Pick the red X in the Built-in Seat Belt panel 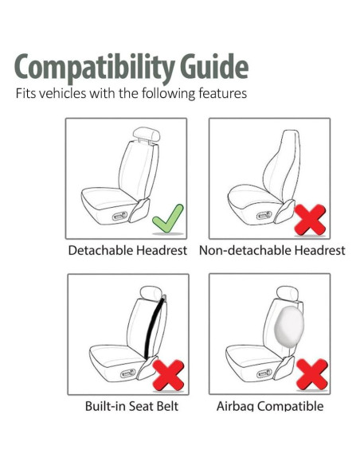coord(168,374)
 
